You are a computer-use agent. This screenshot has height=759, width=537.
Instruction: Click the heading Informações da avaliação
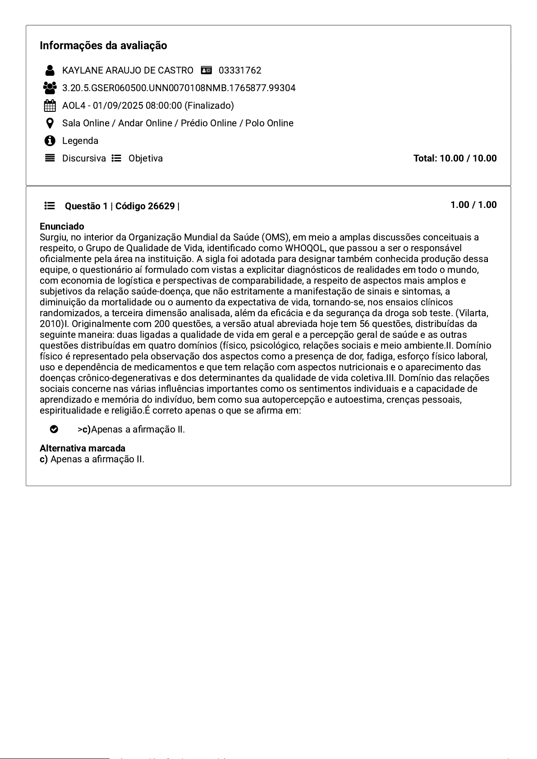point(103,46)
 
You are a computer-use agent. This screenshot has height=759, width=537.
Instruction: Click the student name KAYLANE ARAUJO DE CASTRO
point(128,70)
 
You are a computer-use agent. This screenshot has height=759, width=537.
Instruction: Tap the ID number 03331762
point(240,70)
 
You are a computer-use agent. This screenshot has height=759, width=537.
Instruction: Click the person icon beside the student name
point(50,70)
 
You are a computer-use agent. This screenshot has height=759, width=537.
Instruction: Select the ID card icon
point(207,70)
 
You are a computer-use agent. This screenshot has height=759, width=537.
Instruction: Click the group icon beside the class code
point(50,87)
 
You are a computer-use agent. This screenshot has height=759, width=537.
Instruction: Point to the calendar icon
point(50,106)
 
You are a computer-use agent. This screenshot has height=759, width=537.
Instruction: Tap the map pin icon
point(50,123)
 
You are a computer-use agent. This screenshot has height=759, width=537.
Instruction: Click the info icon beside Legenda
point(50,141)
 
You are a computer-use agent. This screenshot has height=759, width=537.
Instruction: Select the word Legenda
point(80,141)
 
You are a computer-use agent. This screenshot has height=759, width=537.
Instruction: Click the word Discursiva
point(84,158)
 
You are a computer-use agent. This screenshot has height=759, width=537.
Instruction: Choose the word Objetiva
point(146,158)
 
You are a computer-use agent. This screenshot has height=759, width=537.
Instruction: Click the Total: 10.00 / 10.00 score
point(455,158)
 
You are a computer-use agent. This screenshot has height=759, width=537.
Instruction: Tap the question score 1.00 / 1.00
point(473,205)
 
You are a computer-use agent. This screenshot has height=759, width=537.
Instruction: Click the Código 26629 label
point(145,206)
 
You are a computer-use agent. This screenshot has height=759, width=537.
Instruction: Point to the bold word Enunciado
point(62,226)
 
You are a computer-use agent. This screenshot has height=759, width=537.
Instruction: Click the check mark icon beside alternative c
point(54,429)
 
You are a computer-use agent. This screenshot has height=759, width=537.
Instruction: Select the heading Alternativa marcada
point(83,448)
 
